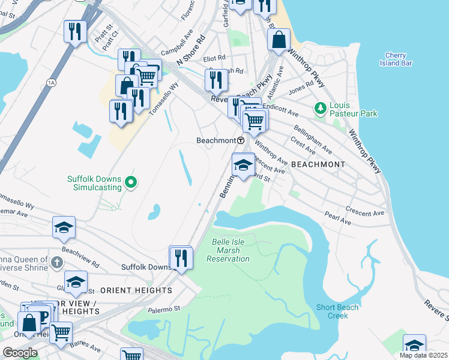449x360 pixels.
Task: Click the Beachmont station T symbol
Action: [x=241, y=140]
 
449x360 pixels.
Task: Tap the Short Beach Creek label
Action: [x=338, y=311]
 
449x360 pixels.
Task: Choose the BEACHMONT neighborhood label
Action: [x=318, y=164]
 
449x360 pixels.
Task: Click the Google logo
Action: [x=20, y=352]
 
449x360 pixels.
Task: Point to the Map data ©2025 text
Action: [x=423, y=355]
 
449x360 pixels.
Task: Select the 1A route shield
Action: [x=51, y=82]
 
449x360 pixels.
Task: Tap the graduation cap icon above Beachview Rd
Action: [x=64, y=227]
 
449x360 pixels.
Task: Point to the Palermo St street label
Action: [x=169, y=309]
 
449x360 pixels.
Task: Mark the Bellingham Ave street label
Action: [x=313, y=139]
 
